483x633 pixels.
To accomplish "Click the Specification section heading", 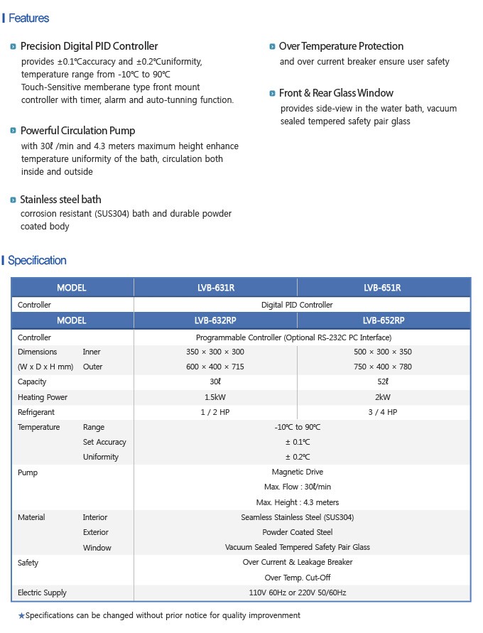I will click(37, 261).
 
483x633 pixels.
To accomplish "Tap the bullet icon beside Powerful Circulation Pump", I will click(13, 131).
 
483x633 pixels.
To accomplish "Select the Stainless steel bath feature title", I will click(60, 200).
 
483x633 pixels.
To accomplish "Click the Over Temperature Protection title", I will click(341, 46).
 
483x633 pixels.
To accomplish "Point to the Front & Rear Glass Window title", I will click(336, 93).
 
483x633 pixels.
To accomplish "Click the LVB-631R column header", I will click(216, 288).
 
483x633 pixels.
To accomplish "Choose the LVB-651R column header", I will click(382, 288).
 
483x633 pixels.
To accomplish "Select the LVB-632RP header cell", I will click(216, 320).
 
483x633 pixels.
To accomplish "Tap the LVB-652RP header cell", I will click(382, 320).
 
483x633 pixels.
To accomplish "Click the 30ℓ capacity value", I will click(215, 382).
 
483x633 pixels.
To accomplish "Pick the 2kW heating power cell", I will click(382, 397).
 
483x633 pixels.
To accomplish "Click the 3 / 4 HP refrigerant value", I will click(382, 412).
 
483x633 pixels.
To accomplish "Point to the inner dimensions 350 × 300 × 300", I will click(215, 352).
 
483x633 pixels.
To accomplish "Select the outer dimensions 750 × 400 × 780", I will click(382, 367).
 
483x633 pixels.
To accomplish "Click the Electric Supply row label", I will click(42, 593).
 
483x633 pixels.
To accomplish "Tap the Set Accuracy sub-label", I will click(104, 442).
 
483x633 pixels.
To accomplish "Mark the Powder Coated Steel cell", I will click(297, 532).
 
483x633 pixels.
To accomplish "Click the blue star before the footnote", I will click(21, 616).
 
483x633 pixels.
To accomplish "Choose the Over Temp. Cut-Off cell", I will click(297, 578).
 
